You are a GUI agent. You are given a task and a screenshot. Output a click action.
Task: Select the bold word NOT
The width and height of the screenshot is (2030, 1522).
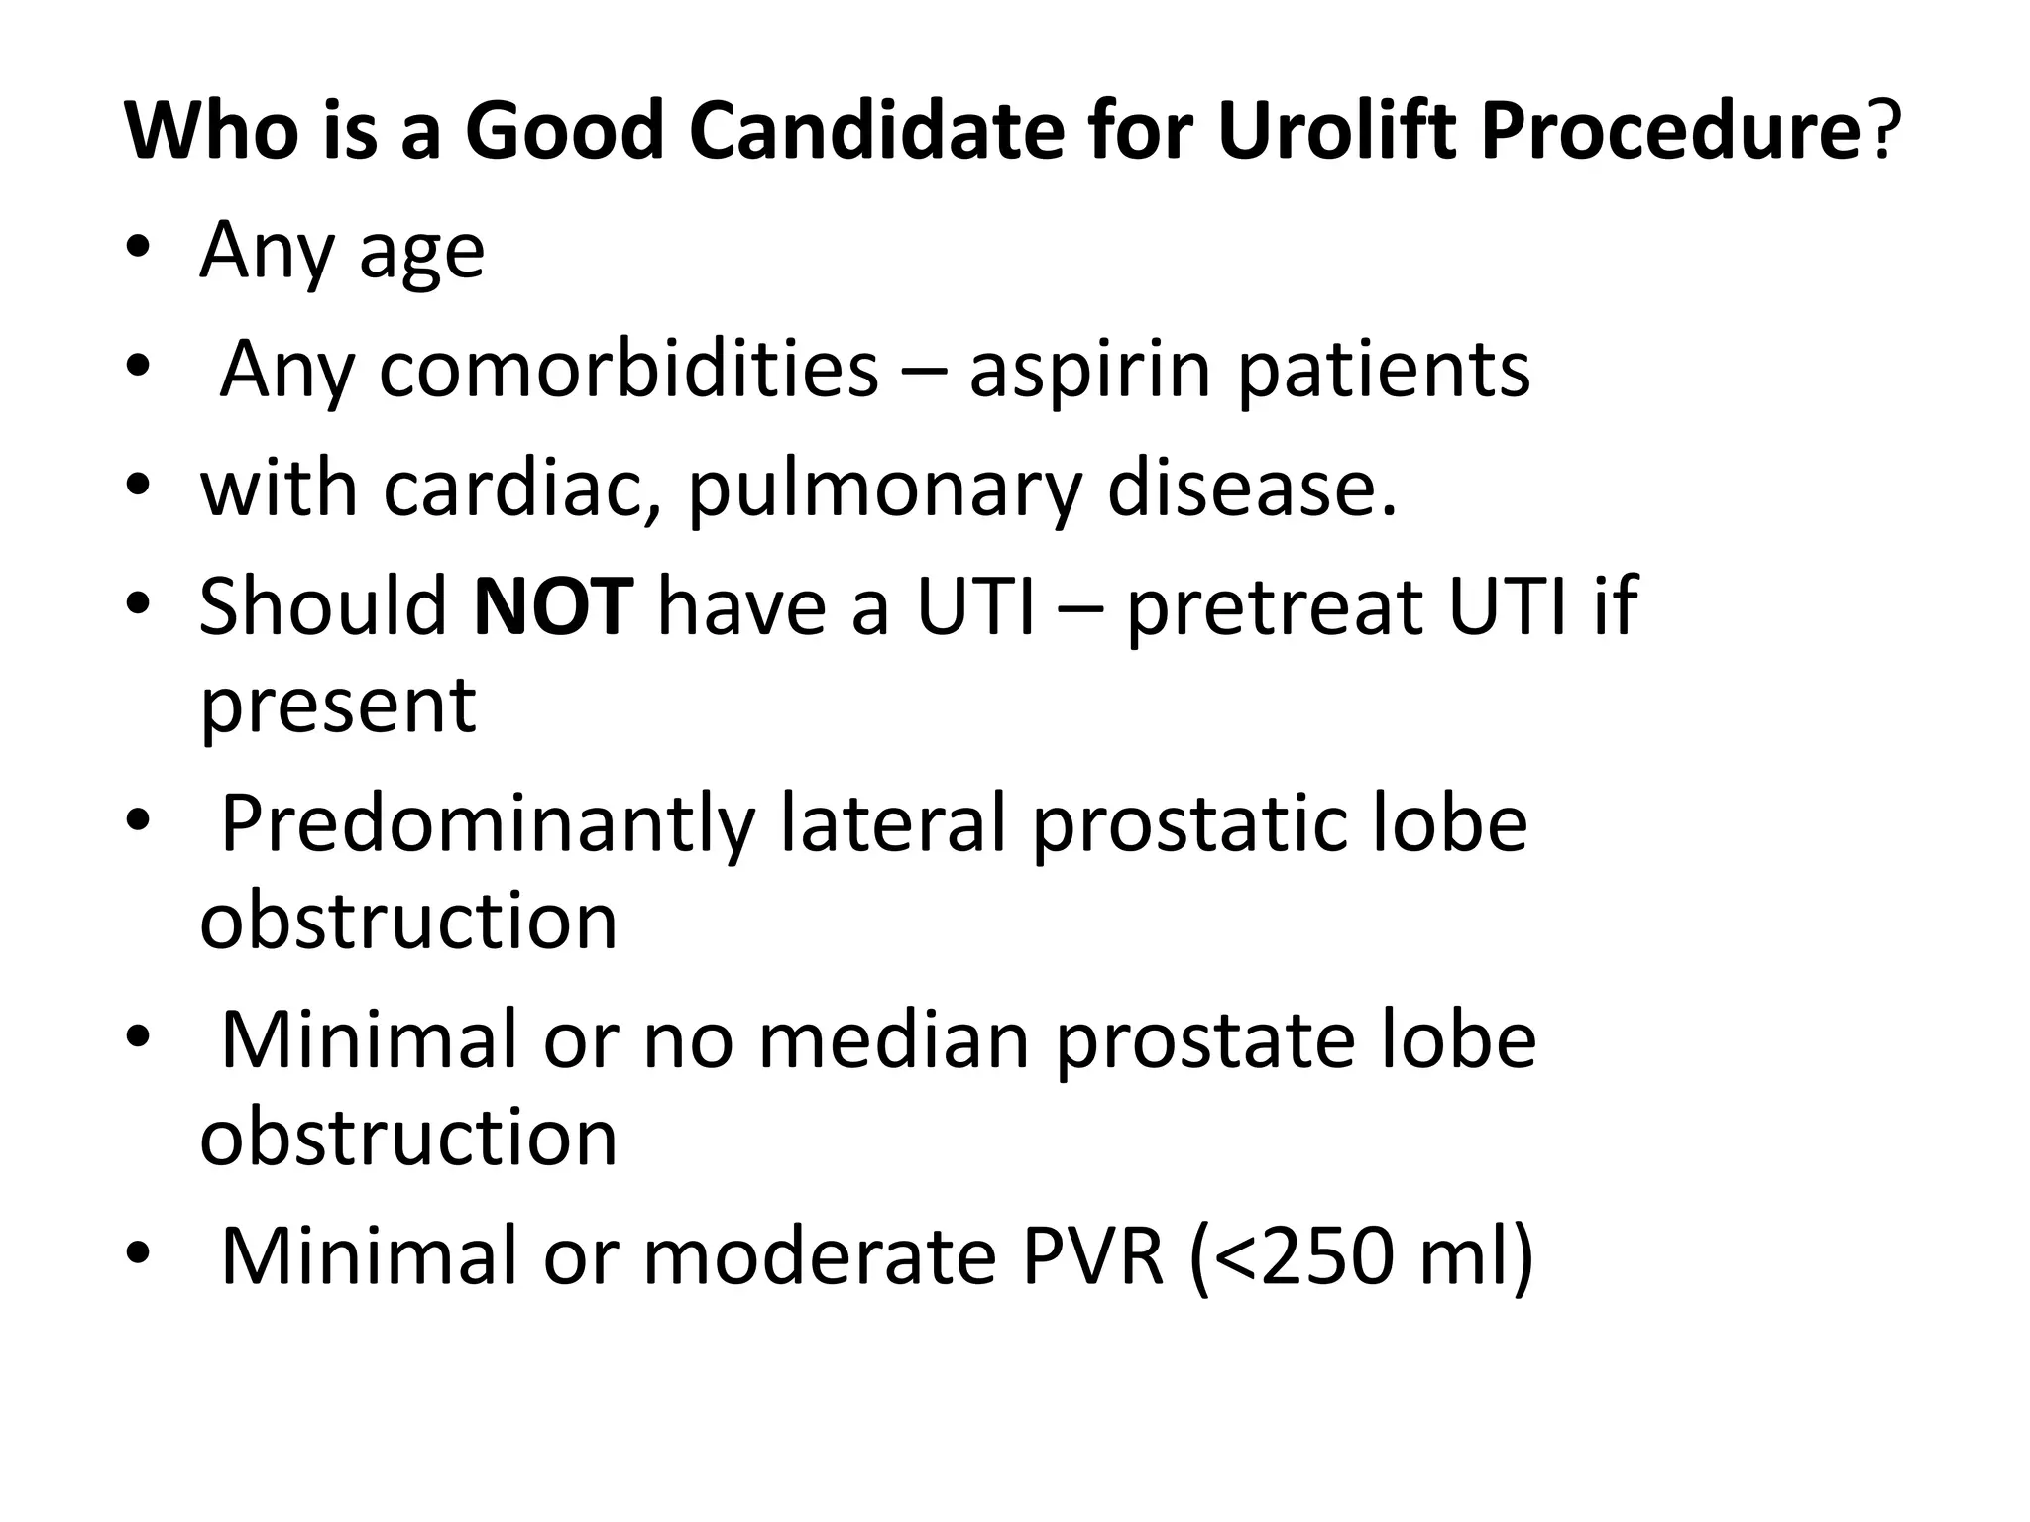tap(553, 605)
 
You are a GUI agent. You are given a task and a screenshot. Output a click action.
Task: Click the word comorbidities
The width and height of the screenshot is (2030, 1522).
tap(628, 370)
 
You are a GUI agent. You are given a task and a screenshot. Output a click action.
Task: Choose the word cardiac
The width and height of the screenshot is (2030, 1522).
tap(521, 488)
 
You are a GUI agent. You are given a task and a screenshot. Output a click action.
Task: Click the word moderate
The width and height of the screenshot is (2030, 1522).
tap(819, 1256)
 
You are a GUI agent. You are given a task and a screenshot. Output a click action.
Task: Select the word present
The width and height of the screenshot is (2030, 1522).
tap(338, 707)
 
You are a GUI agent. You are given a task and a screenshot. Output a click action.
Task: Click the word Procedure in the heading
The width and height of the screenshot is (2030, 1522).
tap(1668, 132)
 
